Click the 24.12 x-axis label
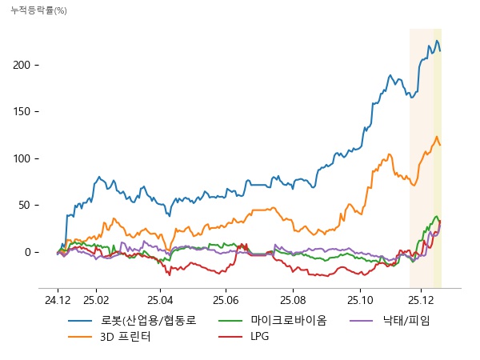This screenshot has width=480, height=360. coord(58,299)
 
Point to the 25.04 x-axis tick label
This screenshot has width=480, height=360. coord(161,299)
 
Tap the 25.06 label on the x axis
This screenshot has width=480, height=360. coord(226,299)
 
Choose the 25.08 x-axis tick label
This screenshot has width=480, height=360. coord(293,299)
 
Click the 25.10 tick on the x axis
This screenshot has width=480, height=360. coord(359,299)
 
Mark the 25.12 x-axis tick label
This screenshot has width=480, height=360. coord(425,299)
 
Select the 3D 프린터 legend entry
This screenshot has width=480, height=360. coord(125,337)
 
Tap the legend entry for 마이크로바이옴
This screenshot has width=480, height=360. coord(288,321)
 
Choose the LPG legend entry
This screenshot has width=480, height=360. coord(259,337)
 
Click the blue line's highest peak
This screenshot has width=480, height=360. coord(437,40)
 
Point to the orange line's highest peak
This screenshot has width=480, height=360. coord(437,137)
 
